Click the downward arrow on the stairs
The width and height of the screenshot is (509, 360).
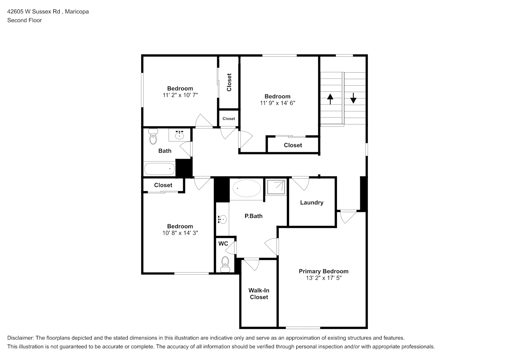pos(353,98)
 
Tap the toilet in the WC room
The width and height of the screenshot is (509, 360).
pos(225,264)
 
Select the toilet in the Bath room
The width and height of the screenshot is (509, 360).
pos(153,136)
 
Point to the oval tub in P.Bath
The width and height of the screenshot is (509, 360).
pos(247,188)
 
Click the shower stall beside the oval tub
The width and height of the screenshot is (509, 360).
pos(276,187)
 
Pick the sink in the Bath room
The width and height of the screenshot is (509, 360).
pos(179,135)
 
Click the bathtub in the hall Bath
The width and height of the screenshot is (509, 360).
pos(159,168)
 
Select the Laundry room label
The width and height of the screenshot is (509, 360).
pos(311,202)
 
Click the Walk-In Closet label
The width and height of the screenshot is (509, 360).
pos(259,294)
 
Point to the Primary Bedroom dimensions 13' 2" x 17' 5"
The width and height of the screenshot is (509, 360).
pos(324,278)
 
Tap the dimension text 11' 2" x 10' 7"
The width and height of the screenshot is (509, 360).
pos(180,95)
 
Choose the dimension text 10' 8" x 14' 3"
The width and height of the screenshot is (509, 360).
pos(180,233)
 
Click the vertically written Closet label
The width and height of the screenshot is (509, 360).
pos(229,82)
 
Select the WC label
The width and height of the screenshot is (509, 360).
pos(223,244)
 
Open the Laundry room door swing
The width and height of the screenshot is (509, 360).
pos(301,183)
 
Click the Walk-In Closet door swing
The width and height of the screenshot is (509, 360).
pos(252,264)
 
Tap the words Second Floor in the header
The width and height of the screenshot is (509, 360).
pos(24,20)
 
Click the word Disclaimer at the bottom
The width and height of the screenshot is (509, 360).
pos(21,338)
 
